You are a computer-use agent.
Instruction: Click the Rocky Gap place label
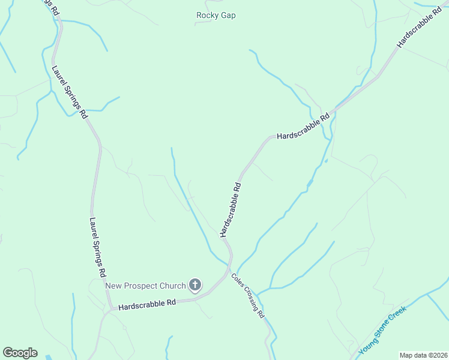(215, 16)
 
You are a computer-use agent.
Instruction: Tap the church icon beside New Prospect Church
(195, 285)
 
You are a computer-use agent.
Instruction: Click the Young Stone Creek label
(382, 330)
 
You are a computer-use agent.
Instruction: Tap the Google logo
(20, 353)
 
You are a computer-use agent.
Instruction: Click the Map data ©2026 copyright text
(423, 355)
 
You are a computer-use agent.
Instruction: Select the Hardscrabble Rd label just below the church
(147, 305)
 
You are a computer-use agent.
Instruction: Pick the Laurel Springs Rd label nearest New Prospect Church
(97, 247)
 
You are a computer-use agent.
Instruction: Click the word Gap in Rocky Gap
(227, 16)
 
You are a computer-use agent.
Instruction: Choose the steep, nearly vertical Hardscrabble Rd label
(231, 210)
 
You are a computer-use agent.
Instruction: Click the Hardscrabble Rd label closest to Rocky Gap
(303, 127)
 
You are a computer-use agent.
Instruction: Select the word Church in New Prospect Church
(172, 286)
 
